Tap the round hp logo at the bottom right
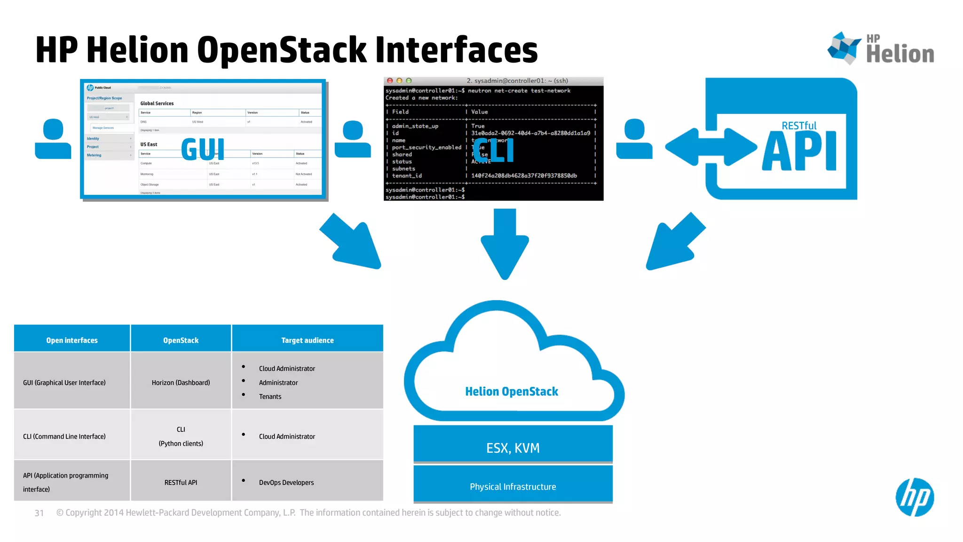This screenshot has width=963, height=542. (914, 497)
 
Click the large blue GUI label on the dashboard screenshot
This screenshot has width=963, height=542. (203, 149)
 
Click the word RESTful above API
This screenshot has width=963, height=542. (798, 126)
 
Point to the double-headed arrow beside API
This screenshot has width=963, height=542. (710, 147)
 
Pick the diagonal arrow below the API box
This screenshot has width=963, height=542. (673, 242)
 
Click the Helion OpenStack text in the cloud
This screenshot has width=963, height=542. (511, 391)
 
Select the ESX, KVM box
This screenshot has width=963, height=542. (513, 447)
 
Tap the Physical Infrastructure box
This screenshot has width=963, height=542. (513, 486)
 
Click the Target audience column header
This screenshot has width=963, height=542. (307, 340)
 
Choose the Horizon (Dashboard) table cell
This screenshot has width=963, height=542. (181, 383)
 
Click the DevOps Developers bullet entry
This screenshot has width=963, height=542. (286, 482)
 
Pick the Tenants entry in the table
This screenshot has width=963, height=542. (270, 397)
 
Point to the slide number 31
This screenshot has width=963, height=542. (39, 513)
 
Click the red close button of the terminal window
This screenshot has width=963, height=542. (390, 81)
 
